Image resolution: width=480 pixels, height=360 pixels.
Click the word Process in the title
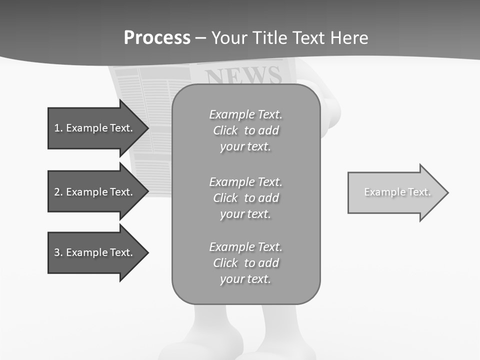pos(157,38)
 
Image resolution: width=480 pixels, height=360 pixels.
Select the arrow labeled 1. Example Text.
pos(95,128)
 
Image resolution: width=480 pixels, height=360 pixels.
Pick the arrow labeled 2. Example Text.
pos(95,192)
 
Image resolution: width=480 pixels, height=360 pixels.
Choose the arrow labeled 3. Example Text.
pos(95,252)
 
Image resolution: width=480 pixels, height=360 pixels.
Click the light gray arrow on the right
pos(395,192)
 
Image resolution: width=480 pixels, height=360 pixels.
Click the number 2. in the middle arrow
pos(58,192)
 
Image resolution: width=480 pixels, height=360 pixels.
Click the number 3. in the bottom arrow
pos(58,252)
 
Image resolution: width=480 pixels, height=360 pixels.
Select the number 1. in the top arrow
pos(58,128)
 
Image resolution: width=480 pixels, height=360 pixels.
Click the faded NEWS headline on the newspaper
pos(243,75)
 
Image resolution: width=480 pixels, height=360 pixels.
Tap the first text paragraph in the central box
pos(245,130)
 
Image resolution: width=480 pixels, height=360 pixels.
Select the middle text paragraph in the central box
pos(245,198)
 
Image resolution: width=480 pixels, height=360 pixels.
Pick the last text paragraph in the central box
pos(245,263)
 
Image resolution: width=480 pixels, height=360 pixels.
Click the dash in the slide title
pos(200,38)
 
